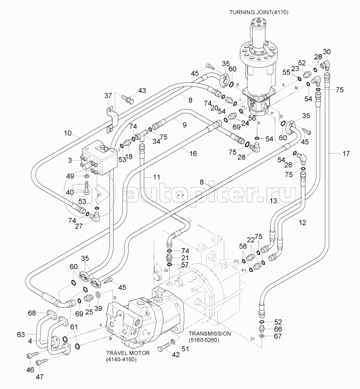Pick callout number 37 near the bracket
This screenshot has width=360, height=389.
pyautogui.click(x=108, y=95)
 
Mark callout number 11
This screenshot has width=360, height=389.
pyautogui.click(x=157, y=176)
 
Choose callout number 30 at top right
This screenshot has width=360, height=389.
pyautogui.click(x=327, y=52)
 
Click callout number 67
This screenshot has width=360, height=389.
pyautogui.click(x=278, y=336)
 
